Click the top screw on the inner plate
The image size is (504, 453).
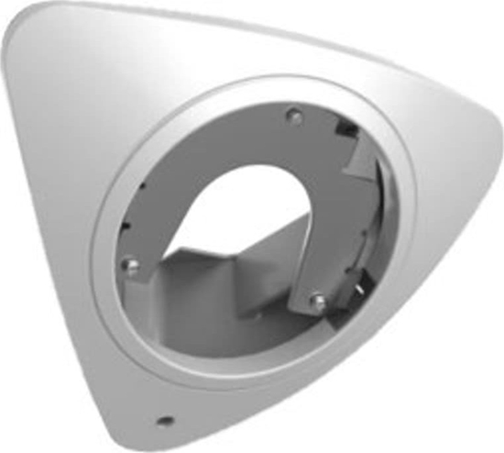coord(292,116)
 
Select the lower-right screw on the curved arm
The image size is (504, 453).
coord(315,298)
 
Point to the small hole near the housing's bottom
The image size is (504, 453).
coord(166,420)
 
